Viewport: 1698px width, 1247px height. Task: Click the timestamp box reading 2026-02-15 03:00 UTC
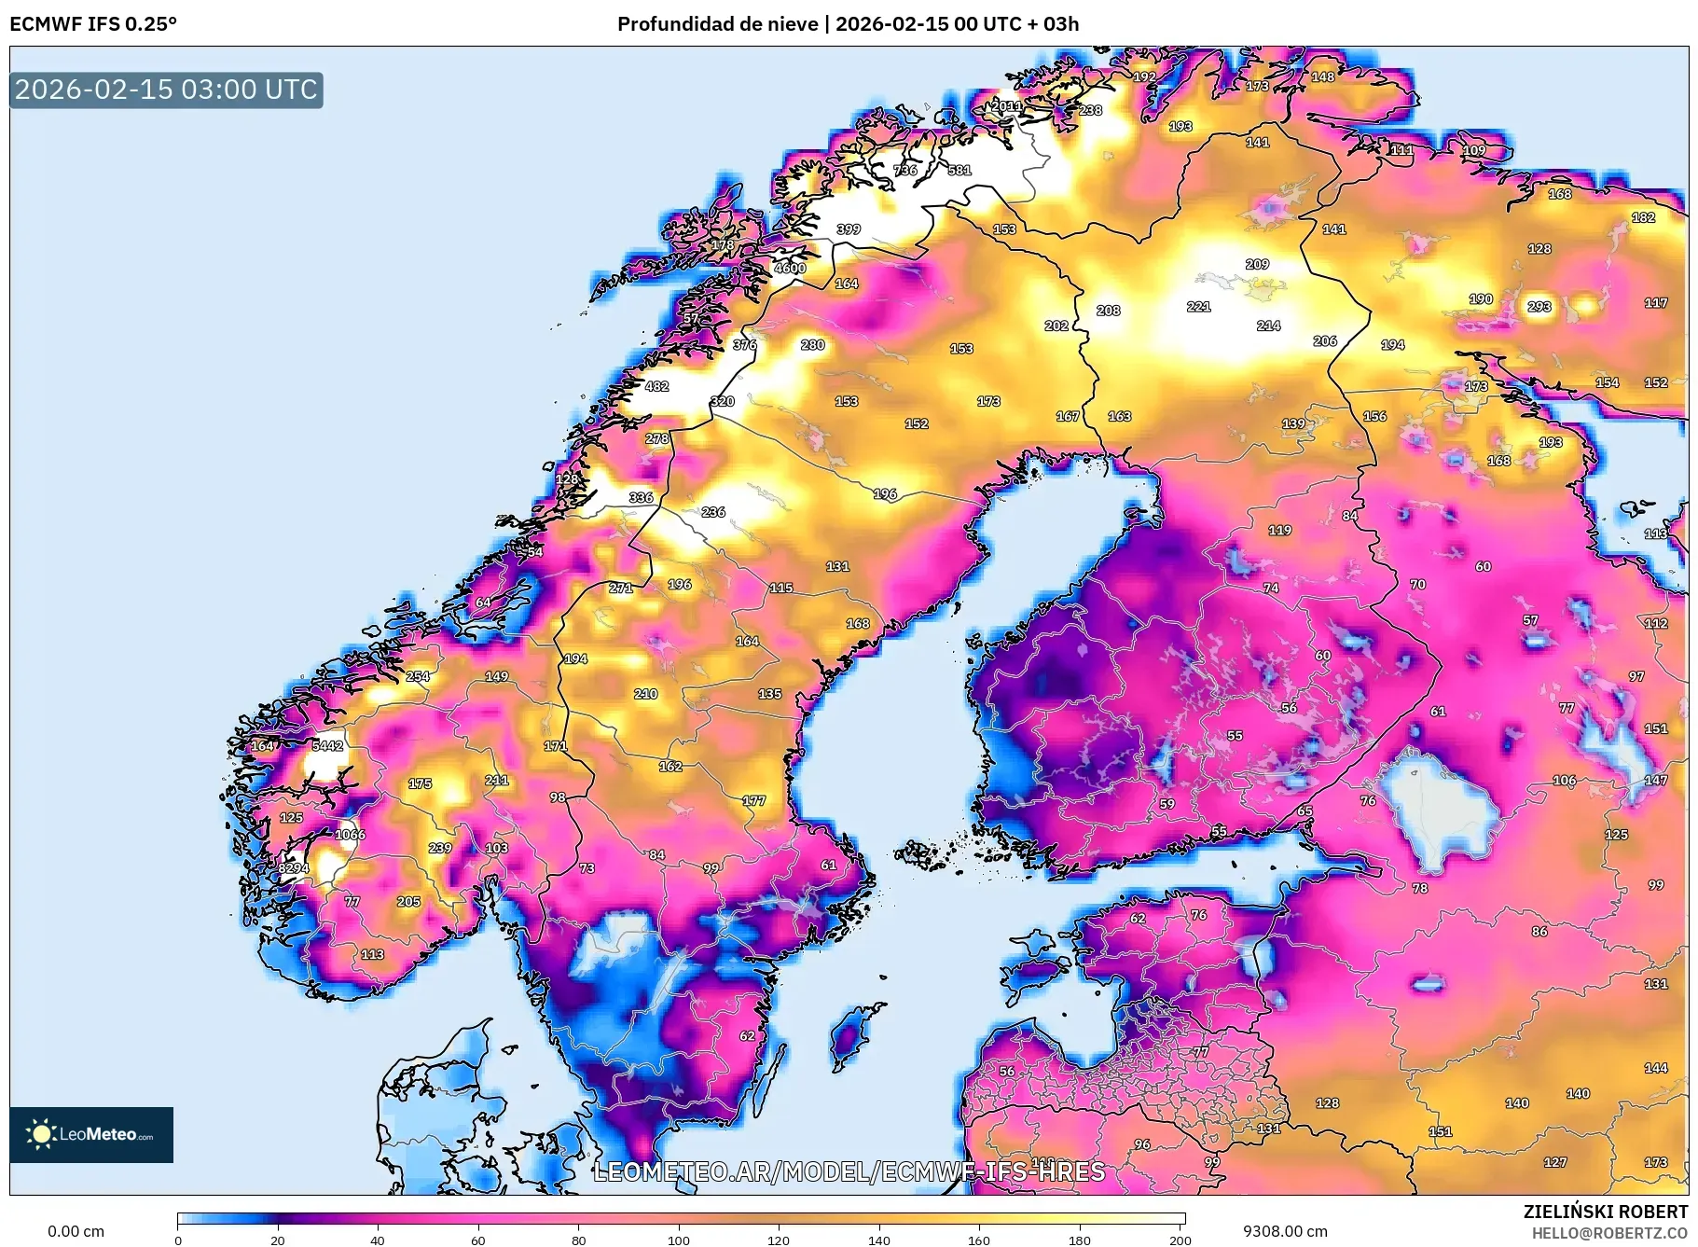coord(166,90)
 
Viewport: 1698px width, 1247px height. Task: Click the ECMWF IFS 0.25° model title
coord(93,24)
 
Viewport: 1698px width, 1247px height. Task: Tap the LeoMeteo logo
coord(91,1134)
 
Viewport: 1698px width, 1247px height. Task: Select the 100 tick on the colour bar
coord(679,1240)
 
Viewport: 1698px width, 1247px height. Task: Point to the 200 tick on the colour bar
coord(1180,1240)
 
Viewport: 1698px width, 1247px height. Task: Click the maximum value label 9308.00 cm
coord(1285,1231)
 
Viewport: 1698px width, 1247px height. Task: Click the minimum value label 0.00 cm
coord(76,1231)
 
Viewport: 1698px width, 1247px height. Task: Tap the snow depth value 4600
coord(790,268)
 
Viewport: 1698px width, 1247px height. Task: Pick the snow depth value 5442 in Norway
coord(327,745)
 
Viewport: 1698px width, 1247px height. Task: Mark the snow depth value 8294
coord(293,868)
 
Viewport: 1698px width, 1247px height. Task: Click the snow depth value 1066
coord(351,835)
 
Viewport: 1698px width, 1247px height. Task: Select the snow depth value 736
coord(905,170)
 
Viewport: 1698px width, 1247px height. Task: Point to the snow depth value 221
coord(1198,306)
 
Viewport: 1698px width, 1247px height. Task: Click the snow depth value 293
coord(1539,306)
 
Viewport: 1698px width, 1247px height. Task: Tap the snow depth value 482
coord(656,386)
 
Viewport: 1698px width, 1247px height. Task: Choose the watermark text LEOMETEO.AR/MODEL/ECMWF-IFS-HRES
coord(849,1171)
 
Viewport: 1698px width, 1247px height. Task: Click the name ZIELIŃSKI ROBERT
coord(1605,1212)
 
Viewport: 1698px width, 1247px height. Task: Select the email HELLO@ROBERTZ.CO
coord(1609,1233)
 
